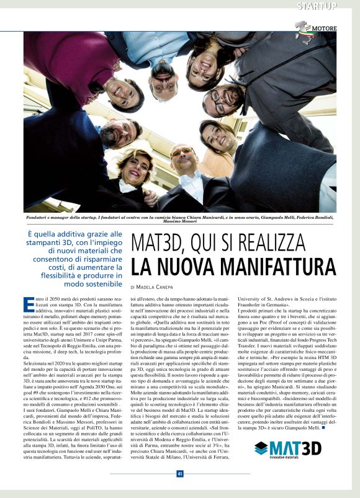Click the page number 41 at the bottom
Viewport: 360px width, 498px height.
tap(179, 474)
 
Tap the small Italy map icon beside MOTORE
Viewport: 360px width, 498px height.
tap(302, 28)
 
